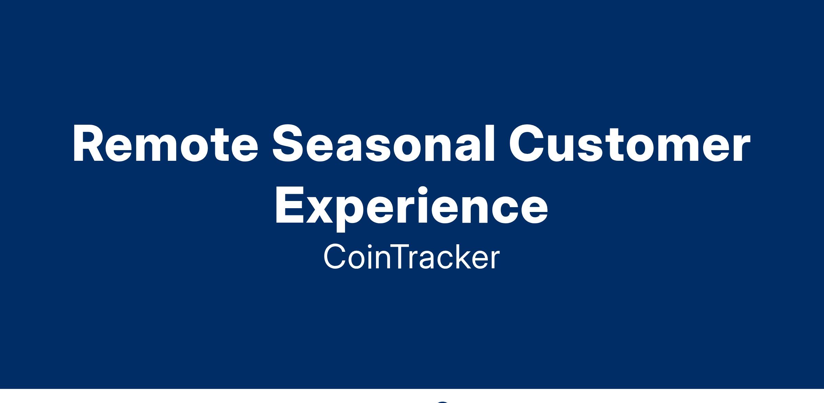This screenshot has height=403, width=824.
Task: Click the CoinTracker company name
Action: pos(411,257)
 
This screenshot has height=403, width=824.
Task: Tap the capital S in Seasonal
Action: pos(289,143)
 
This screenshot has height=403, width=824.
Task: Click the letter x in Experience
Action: pos(320,210)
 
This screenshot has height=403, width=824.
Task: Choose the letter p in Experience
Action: pos(353,214)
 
